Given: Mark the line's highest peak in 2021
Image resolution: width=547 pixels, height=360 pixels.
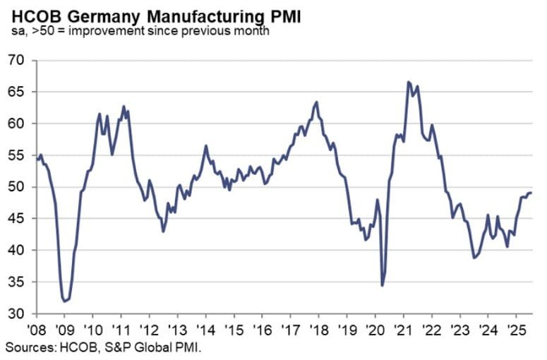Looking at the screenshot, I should pos(409,82).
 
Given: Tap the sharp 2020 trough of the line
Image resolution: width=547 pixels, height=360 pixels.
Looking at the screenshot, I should pos(382,285).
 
